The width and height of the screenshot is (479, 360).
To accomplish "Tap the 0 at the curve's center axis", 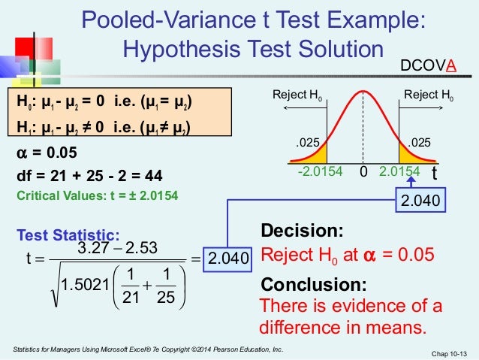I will tap(363, 172).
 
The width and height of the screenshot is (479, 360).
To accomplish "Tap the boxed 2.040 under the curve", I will tap(417, 201).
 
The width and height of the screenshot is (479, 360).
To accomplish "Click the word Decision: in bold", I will tap(302, 231).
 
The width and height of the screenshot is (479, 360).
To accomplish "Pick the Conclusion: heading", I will tap(314, 285).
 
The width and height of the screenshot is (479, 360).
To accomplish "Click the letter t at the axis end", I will tap(433, 172).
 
